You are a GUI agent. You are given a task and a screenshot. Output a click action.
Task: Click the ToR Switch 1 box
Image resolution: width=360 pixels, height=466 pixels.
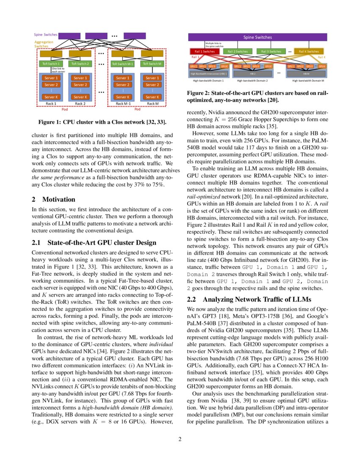50,64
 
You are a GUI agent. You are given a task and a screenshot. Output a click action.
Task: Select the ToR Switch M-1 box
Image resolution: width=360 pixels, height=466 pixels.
122,64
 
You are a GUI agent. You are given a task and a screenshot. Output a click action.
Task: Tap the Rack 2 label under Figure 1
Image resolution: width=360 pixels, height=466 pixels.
80,103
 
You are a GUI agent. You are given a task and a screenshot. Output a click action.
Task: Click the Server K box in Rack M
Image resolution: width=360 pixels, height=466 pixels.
151,97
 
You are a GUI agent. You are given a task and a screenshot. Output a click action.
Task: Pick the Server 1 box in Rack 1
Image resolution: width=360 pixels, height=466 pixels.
50,78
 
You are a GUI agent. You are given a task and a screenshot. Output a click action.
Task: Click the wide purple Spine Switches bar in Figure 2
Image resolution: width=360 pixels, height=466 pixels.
258,37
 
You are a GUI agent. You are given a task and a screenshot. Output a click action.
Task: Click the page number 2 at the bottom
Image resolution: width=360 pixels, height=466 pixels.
180,439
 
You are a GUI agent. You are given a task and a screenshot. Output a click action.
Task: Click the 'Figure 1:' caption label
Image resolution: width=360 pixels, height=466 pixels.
50,122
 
